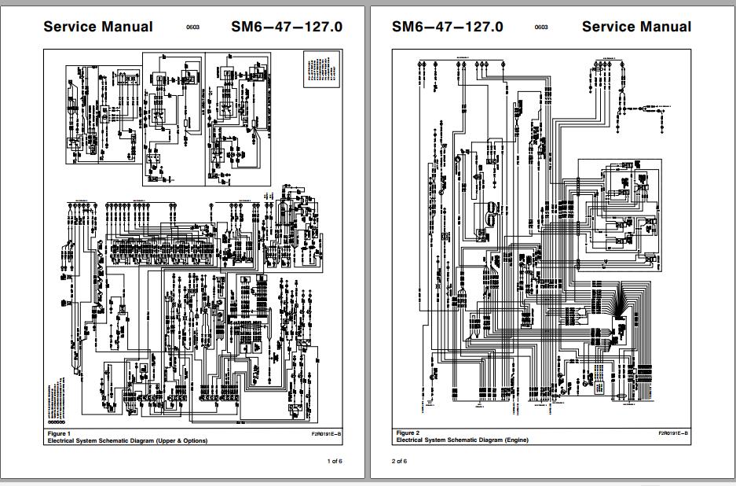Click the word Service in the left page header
(x=70, y=26)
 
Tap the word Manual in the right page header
(x=665, y=26)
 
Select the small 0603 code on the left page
(x=192, y=28)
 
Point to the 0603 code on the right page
(x=541, y=28)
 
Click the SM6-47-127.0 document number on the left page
(x=287, y=26)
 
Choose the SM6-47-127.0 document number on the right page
(x=447, y=26)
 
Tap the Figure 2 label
(x=408, y=433)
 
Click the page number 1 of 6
(x=335, y=461)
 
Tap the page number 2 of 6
(x=400, y=461)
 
